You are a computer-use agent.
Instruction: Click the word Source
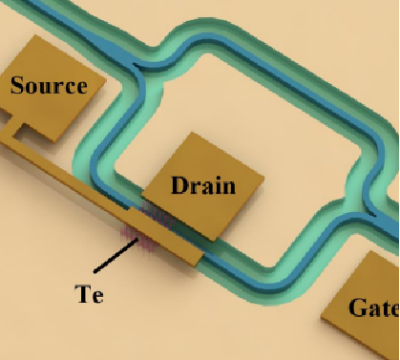click(x=49, y=85)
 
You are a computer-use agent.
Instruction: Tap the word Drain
click(x=203, y=185)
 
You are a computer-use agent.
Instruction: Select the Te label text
click(x=89, y=294)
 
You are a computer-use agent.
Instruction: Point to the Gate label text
click(x=374, y=307)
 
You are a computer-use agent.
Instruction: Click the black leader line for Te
click(x=116, y=256)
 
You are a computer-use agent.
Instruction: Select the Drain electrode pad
click(x=203, y=186)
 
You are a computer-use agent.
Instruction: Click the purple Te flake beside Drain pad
click(x=158, y=215)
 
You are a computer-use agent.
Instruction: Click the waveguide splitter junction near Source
click(x=134, y=64)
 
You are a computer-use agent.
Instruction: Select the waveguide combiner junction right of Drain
click(x=371, y=210)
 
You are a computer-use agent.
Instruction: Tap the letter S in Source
click(x=18, y=85)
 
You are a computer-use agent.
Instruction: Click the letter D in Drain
click(x=180, y=185)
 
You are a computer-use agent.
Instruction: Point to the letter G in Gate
click(x=358, y=307)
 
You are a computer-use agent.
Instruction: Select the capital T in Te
click(x=83, y=293)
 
